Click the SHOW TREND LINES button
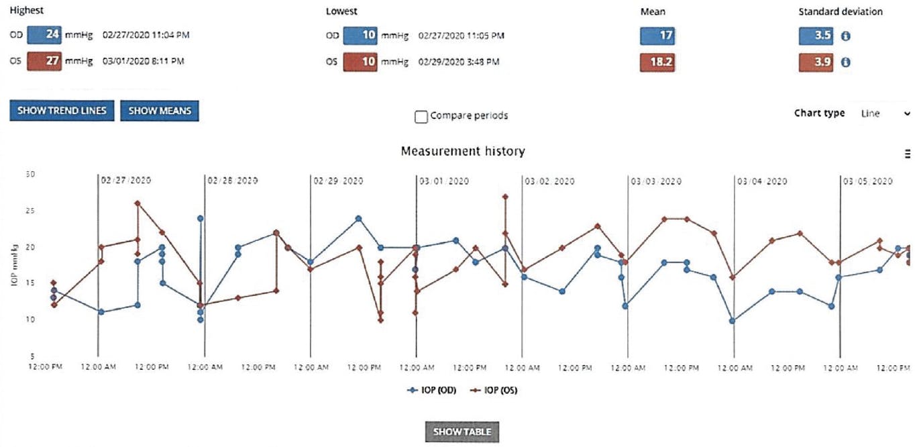click(62, 111)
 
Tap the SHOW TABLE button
click(462, 432)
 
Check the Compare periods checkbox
click(421, 117)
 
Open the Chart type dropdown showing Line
click(884, 113)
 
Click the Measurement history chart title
click(462, 152)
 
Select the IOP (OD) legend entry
click(432, 391)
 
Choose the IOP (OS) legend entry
click(494, 391)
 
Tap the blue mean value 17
click(657, 36)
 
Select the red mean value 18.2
click(657, 62)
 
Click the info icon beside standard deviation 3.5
click(846, 36)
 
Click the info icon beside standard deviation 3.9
click(846, 62)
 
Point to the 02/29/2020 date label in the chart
click(338, 181)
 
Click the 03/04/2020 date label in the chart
click(762, 181)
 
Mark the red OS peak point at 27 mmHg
click(505, 197)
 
